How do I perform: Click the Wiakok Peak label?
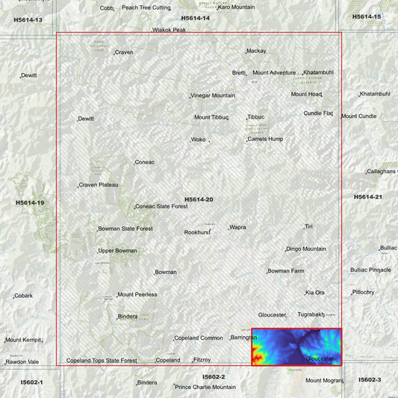[169, 31]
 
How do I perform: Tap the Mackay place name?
[256, 52]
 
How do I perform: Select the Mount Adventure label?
[274, 72]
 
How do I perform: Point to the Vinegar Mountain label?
[213, 96]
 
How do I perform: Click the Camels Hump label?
[266, 139]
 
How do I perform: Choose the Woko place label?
[198, 140]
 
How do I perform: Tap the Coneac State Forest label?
[161, 206]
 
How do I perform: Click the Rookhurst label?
[198, 232]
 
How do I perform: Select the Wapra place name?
[237, 227]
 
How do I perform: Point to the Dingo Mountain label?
[306, 249]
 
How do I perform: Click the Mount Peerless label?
[137, 294]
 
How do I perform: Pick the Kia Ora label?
[315, 292]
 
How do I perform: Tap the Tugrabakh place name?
[311, 314]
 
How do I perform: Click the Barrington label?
[243, 338]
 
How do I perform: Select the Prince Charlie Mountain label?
[205, 387]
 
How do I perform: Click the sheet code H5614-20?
[199, 199]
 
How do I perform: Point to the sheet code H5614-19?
[30, 202]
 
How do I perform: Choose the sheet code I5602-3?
[370, 380]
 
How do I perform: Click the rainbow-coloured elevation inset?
[296, 347]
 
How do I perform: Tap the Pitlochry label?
[364, 292]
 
